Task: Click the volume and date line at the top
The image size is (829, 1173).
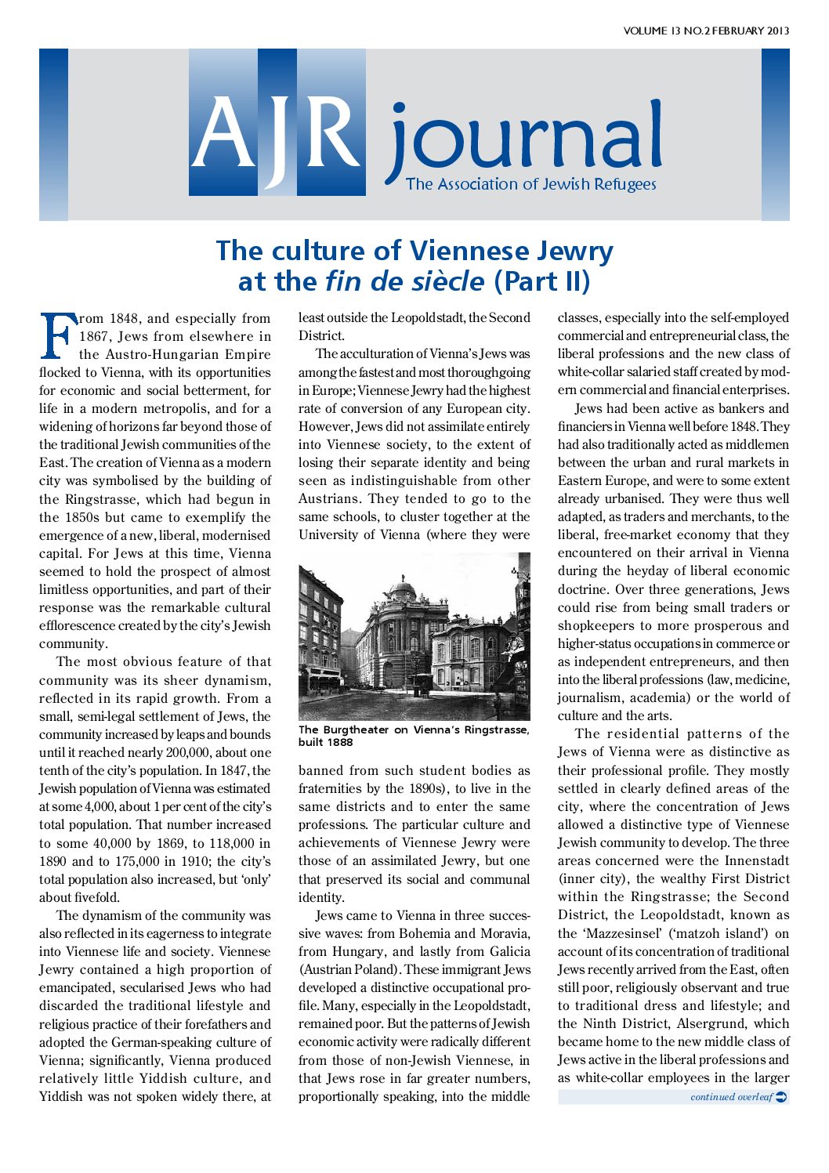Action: pyautogui.click(x=706, y=31)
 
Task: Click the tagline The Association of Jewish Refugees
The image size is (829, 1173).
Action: pyautogui.click(x=530, y=184)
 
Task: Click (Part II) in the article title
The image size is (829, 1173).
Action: pyautogui.click(x=542, y=281)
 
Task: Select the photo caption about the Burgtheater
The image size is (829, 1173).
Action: pyautogui.click(x=413, y=736)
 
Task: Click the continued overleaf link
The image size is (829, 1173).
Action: pyautogui.click(x=731, y=1097)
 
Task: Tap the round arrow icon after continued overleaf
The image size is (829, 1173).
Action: pyautogui.click(x=781, y=1097)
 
